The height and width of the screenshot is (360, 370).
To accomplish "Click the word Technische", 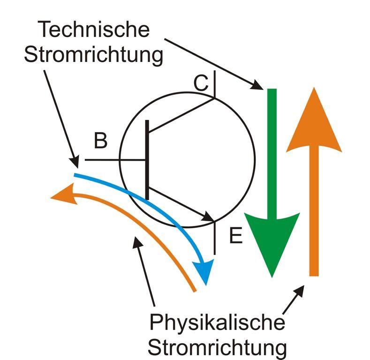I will [93, 30].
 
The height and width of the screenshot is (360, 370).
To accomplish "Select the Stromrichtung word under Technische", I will [93, 55].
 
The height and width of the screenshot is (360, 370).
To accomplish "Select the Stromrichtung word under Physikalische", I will [217, 348].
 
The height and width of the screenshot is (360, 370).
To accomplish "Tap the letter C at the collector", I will [201, 83].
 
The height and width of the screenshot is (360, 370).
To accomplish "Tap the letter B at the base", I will [100, 141].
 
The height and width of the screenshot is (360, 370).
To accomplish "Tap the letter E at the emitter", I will [235, 236].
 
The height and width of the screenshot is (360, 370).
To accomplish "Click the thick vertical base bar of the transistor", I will [147, 159].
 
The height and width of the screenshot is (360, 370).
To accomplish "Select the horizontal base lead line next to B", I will [113, 160].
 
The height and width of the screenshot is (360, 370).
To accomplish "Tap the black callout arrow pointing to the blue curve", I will [61, 117].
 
